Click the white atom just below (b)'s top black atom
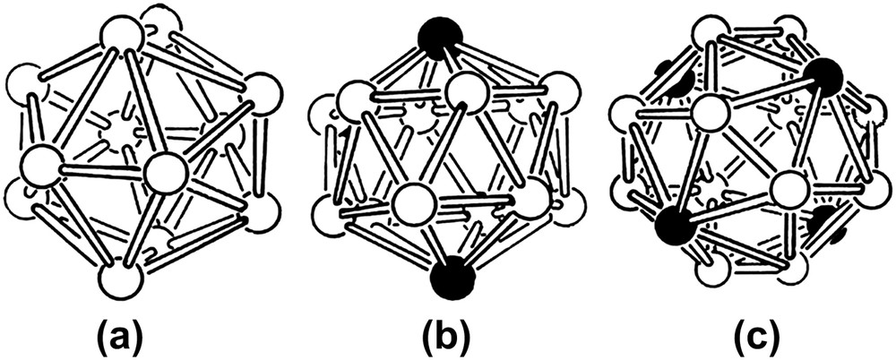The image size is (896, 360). [x=466, y=90]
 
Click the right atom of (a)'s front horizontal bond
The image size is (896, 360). [x=164, y=172]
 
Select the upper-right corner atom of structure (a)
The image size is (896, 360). [x=262, y=92]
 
